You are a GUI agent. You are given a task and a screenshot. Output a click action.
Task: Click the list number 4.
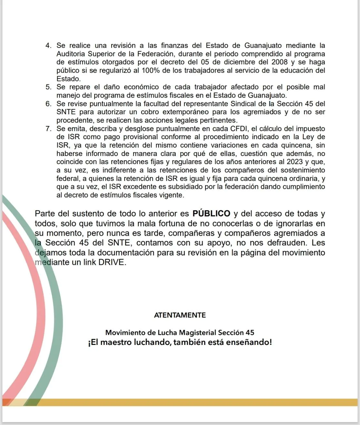click(x=49, y=46)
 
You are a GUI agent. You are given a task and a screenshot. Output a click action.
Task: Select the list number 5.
click(x=49, y=87)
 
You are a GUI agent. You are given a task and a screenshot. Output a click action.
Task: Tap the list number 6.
click(x=49, y=104)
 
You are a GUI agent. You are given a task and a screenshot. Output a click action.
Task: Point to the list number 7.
click(x=49, y=129)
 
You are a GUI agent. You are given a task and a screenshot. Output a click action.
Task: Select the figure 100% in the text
click(x=150, y=70)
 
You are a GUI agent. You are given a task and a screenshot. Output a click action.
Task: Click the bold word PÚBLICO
click(x=211, y=213)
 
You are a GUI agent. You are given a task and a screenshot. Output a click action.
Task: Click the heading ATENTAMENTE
click(x=180, y=315)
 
